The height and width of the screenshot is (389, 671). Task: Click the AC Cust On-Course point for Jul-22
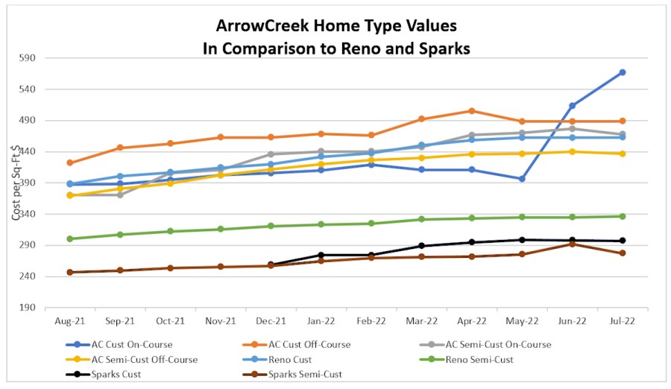622,72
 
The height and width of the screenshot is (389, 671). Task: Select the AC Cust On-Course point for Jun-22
572,106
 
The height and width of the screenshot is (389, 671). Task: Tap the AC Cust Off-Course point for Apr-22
471,111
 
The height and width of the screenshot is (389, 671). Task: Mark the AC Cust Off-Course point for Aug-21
70,162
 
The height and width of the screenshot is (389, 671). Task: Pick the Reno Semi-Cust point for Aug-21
70,238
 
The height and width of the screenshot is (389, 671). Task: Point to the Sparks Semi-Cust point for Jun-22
572,244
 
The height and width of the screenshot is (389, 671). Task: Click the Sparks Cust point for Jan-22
321,255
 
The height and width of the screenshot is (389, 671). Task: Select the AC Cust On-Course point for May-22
522,179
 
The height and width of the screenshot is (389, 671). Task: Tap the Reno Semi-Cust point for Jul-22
622,216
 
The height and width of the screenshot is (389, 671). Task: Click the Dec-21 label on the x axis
270,320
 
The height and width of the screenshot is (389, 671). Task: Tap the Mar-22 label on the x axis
421,320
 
